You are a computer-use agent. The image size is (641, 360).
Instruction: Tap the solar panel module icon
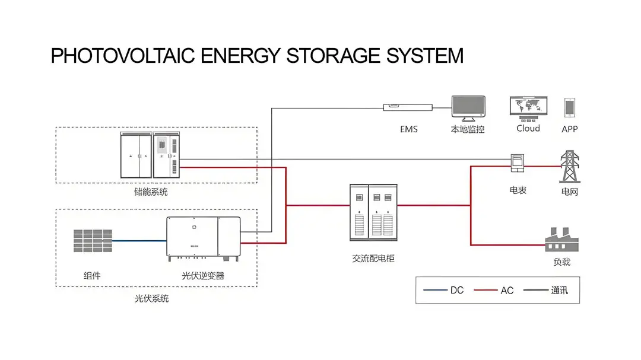pos(93,241)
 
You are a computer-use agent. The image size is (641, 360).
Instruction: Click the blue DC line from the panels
pos(139,241)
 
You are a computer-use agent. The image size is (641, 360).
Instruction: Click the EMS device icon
pos(408,107)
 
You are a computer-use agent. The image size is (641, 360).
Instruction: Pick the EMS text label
pos(408,129)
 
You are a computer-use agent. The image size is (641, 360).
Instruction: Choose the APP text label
pos(569,129)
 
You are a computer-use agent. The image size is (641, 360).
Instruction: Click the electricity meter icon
pos(518,163)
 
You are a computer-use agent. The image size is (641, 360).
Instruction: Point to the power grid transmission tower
pos(570,167)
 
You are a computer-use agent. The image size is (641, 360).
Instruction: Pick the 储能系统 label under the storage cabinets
pos(151,192)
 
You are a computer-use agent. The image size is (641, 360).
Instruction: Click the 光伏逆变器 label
pos(203,276)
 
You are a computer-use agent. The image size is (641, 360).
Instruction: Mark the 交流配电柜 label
pos(373,259)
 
